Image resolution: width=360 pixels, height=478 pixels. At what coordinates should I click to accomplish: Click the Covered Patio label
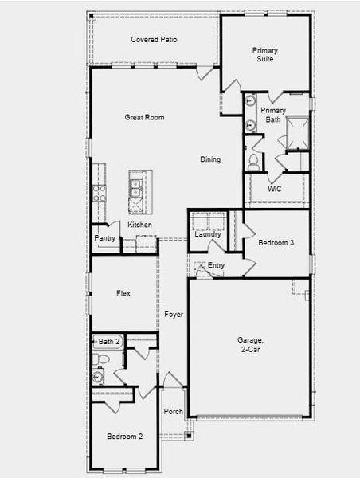(154, 40)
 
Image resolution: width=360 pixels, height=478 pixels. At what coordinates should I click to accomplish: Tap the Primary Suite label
(265, 54)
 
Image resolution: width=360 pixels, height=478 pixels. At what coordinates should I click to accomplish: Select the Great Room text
(144, 118)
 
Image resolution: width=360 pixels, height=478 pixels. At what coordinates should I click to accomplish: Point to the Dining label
(210, 160)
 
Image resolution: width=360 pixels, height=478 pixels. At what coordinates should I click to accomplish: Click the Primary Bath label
(273, 115)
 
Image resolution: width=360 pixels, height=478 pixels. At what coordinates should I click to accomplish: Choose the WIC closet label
(275, 190)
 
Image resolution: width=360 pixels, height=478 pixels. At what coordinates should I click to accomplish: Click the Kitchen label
(140, 225)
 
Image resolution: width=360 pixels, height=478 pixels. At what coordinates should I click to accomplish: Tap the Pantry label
(104, 238)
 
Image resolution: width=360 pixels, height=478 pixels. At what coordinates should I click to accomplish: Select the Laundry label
(207, 234)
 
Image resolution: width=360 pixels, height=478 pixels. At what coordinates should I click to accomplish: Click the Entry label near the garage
(216, 266)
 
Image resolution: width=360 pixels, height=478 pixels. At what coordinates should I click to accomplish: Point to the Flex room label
(123, 293)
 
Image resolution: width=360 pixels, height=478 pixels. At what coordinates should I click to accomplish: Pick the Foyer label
(174, 315)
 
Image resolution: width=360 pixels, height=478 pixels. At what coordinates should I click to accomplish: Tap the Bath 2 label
(109, 342)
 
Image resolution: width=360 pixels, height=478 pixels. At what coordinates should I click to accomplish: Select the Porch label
(173, 412)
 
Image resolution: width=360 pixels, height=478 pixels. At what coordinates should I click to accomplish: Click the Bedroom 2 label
(125, 437)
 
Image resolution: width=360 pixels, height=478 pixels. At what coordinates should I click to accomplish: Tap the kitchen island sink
(136, 188)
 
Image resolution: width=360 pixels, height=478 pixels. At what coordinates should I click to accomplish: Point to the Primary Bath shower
(295, 132)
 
